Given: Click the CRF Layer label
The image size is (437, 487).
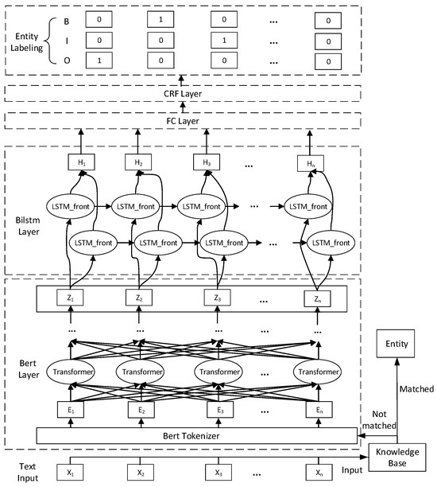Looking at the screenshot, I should tap(182, 93).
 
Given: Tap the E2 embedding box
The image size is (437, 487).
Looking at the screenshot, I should tap(139, 410).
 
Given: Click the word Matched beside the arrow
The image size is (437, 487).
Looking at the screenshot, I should tap(416, 389).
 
